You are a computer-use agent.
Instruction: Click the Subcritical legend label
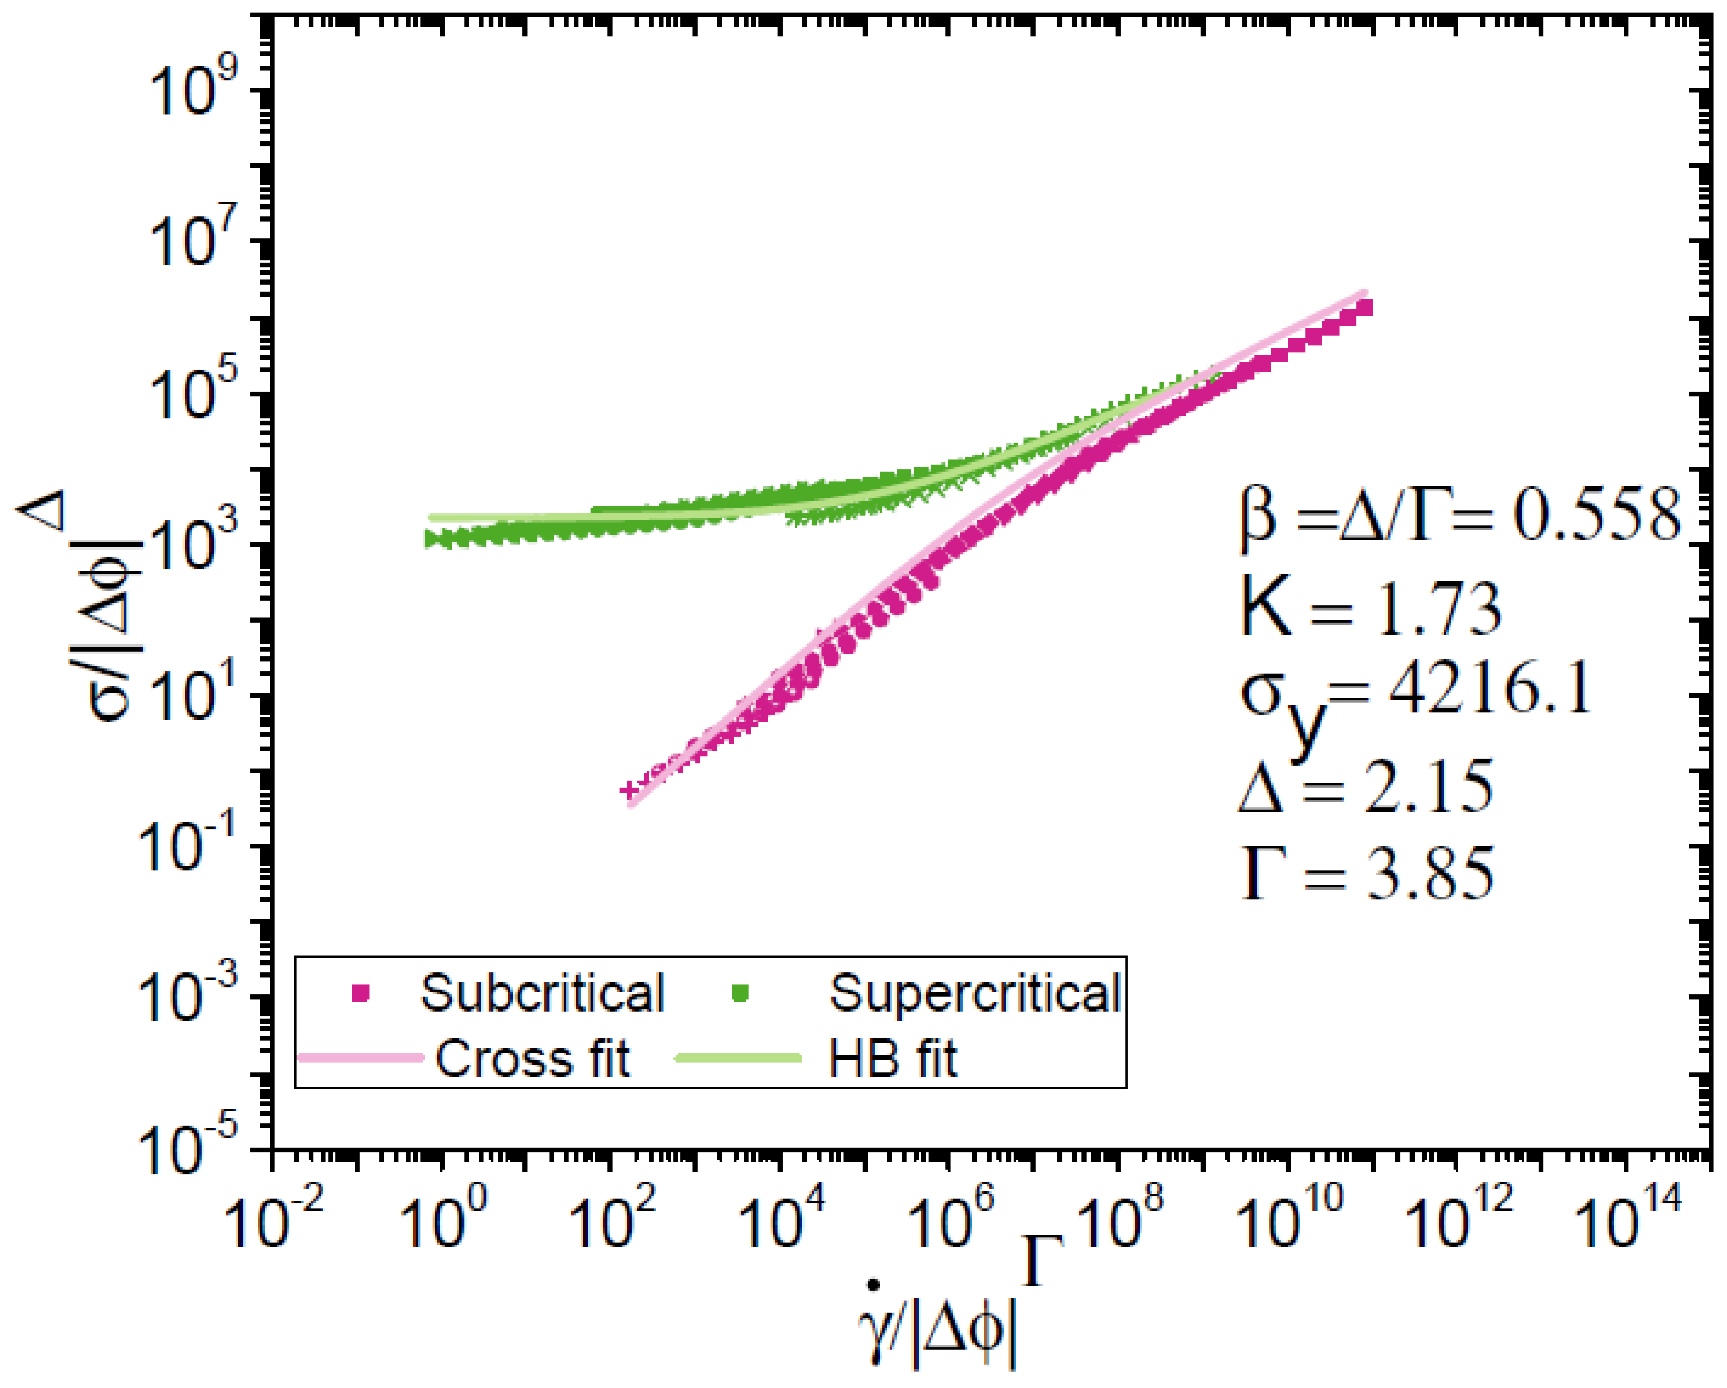pyautogui.click(x=542, y=994)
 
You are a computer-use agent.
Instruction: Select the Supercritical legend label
pyautogui.click(x=974, y=994)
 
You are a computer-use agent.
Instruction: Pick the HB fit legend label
pyautogui.click(x=892, y=1059)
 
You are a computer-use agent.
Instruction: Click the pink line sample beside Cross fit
pyautogui.click(x=360, y=1058)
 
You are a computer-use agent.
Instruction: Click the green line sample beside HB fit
pyautogui.click(x=738, y=1058)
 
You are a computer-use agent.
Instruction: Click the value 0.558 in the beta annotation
pyautogui.click(x=1597, y=517)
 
